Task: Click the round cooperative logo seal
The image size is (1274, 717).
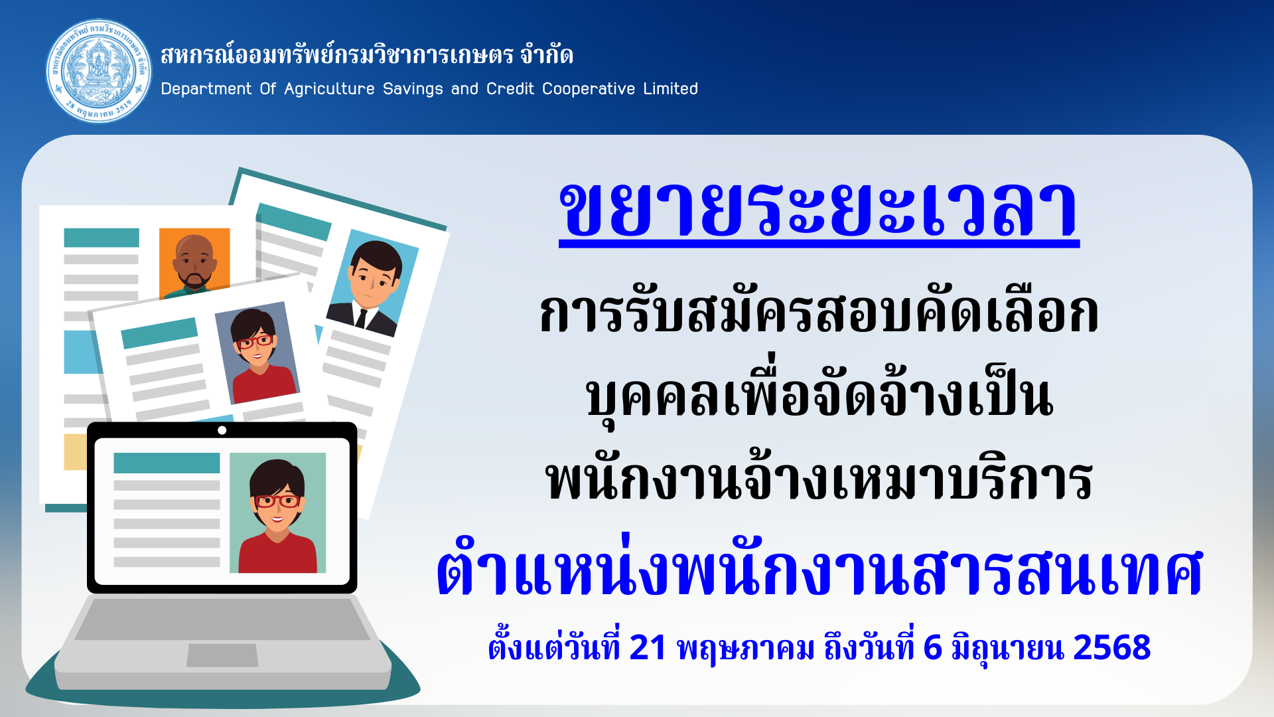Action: point(99,71)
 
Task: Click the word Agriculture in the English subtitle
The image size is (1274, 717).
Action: point(329,89)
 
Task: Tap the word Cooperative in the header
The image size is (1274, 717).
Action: point(589,89)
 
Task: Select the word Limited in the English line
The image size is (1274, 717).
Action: point(670,88)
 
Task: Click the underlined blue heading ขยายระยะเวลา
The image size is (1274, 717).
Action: point(819,211)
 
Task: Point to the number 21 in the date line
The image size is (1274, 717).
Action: point(647,647)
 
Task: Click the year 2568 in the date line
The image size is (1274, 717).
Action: point(1111,647)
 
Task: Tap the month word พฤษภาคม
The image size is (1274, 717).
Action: point(745,649)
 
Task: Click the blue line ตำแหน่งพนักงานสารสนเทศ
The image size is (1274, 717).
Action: point(819,570)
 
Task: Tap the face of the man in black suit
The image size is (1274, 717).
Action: point(374,277)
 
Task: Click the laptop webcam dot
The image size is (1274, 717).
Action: point(222,430)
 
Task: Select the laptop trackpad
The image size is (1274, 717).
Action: point(222,655)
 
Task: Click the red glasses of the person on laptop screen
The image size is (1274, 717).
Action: point(277,501)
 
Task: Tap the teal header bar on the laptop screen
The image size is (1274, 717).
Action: point(167,463)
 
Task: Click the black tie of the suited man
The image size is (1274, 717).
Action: point(361,319)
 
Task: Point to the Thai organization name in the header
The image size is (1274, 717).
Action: point(367,54)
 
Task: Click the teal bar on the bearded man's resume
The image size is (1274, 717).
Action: point(102,238)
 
